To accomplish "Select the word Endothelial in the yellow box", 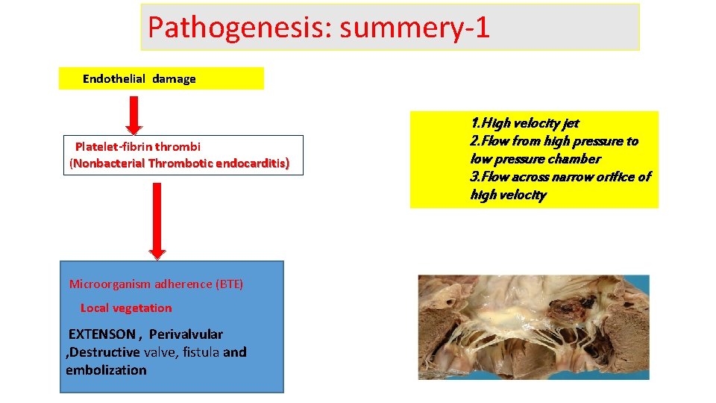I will click(x=115, y=79).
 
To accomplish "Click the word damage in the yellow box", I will click(x=175, y=79).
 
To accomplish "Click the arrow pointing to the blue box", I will click(x=157, y=221).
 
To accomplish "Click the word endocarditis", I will click(x=251, y=163).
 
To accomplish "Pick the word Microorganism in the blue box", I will click(x=109, y=284).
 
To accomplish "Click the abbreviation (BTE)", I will click(x=229, y=284).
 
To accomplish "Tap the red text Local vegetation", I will click(x=125, y=308).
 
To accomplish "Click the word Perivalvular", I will click(x=186, y=334).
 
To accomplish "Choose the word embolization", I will click(x=106, y=370).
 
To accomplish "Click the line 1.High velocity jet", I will click(x=524, y=123).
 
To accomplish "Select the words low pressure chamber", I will click(x=535, y=159).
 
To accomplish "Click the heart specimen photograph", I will click(x=533, y=327).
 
